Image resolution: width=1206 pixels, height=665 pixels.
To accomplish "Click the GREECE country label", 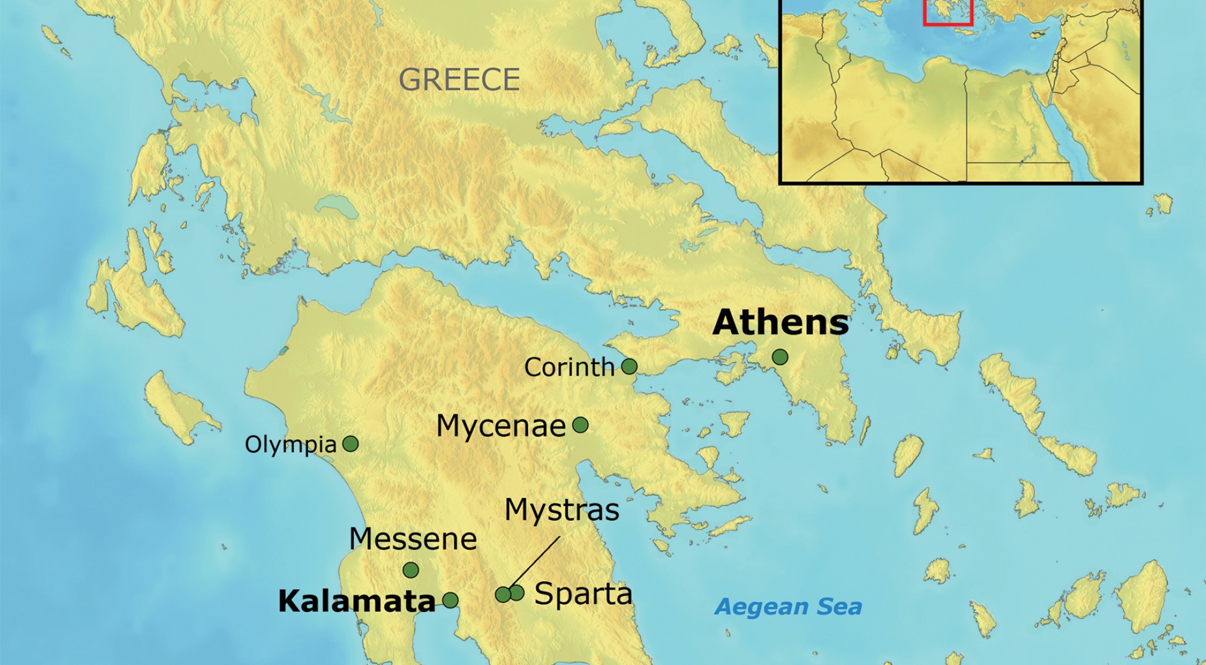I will pos(459,79).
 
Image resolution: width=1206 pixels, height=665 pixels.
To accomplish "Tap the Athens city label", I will pos(780,323).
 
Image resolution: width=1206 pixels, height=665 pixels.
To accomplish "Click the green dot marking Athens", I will pos(780,357).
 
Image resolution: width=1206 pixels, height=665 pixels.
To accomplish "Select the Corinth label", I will pos(569,368).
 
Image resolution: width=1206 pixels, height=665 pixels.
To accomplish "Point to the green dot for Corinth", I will pos(629,366).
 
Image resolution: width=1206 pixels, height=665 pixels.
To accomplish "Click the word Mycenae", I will pos(500,426).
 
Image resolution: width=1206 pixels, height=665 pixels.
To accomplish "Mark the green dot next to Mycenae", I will pos(580,424).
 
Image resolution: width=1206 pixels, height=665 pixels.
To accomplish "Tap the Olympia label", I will pos(290,445).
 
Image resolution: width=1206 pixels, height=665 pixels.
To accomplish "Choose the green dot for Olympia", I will pos(350,443).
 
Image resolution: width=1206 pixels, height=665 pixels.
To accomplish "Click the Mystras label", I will pos(561,510).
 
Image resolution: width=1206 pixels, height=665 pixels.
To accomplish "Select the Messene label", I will pos(412,539).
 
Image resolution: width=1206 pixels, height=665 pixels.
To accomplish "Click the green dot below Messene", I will pos(410,570).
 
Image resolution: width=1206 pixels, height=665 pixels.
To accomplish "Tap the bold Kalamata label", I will pos(356,602).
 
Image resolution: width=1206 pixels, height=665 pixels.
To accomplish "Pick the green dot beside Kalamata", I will pos(450,600).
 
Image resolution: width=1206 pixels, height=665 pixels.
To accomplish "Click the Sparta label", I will pos(583,594).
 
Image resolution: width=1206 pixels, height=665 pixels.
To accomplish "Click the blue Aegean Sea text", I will pos(788,607).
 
